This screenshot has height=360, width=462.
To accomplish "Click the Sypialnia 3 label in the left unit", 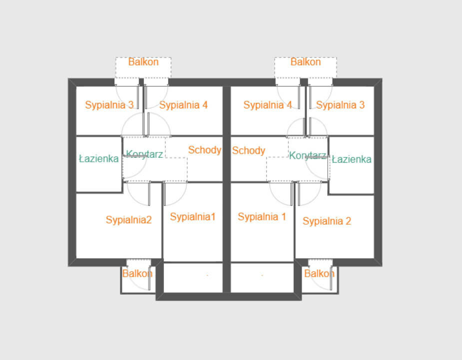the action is click(109, 105).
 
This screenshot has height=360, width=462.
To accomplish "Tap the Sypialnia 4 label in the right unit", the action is click(268, 105).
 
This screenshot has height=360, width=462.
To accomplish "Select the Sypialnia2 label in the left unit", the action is click(129, 220).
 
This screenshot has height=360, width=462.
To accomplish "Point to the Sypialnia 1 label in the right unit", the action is click(262, 217).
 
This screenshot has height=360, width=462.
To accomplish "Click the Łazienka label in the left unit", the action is click(99, 159).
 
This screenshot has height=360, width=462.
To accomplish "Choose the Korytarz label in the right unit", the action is click(307, 155).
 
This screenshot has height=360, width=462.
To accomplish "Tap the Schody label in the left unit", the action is click(205, 150).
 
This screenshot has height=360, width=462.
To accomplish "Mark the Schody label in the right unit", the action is click(249, 150).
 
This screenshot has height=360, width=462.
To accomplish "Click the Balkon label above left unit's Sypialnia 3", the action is click(143, 62).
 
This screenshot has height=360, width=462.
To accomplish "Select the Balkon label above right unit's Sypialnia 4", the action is click(306, 62).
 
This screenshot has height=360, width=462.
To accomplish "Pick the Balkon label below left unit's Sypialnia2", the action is click(137, 274).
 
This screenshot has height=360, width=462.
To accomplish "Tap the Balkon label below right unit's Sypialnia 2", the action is click(319, 274).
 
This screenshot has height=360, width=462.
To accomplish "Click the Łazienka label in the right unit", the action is click(352, 159).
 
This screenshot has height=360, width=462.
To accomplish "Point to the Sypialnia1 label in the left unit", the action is click(193, 217).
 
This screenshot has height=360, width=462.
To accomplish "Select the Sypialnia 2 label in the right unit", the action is click(327, 221).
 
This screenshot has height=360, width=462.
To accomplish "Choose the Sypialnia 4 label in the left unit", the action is click(183, 105).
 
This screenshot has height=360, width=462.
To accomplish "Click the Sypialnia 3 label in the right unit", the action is click(340, 105).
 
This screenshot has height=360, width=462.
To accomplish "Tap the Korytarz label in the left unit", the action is click(144, 154).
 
